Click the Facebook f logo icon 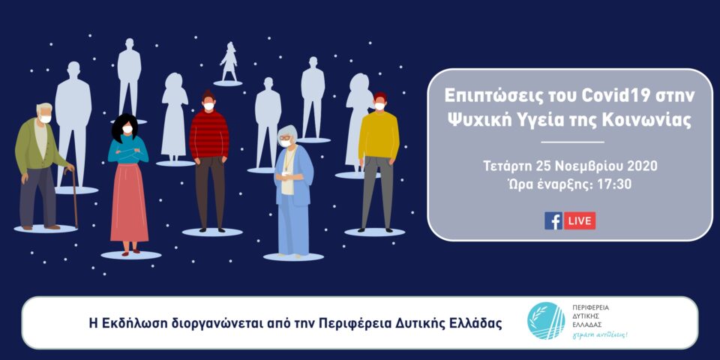553,220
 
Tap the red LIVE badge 580,220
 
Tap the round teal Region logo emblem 547,320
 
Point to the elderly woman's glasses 285,137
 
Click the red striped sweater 209,134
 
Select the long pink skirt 130,202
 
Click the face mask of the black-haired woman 127,129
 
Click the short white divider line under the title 572,142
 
